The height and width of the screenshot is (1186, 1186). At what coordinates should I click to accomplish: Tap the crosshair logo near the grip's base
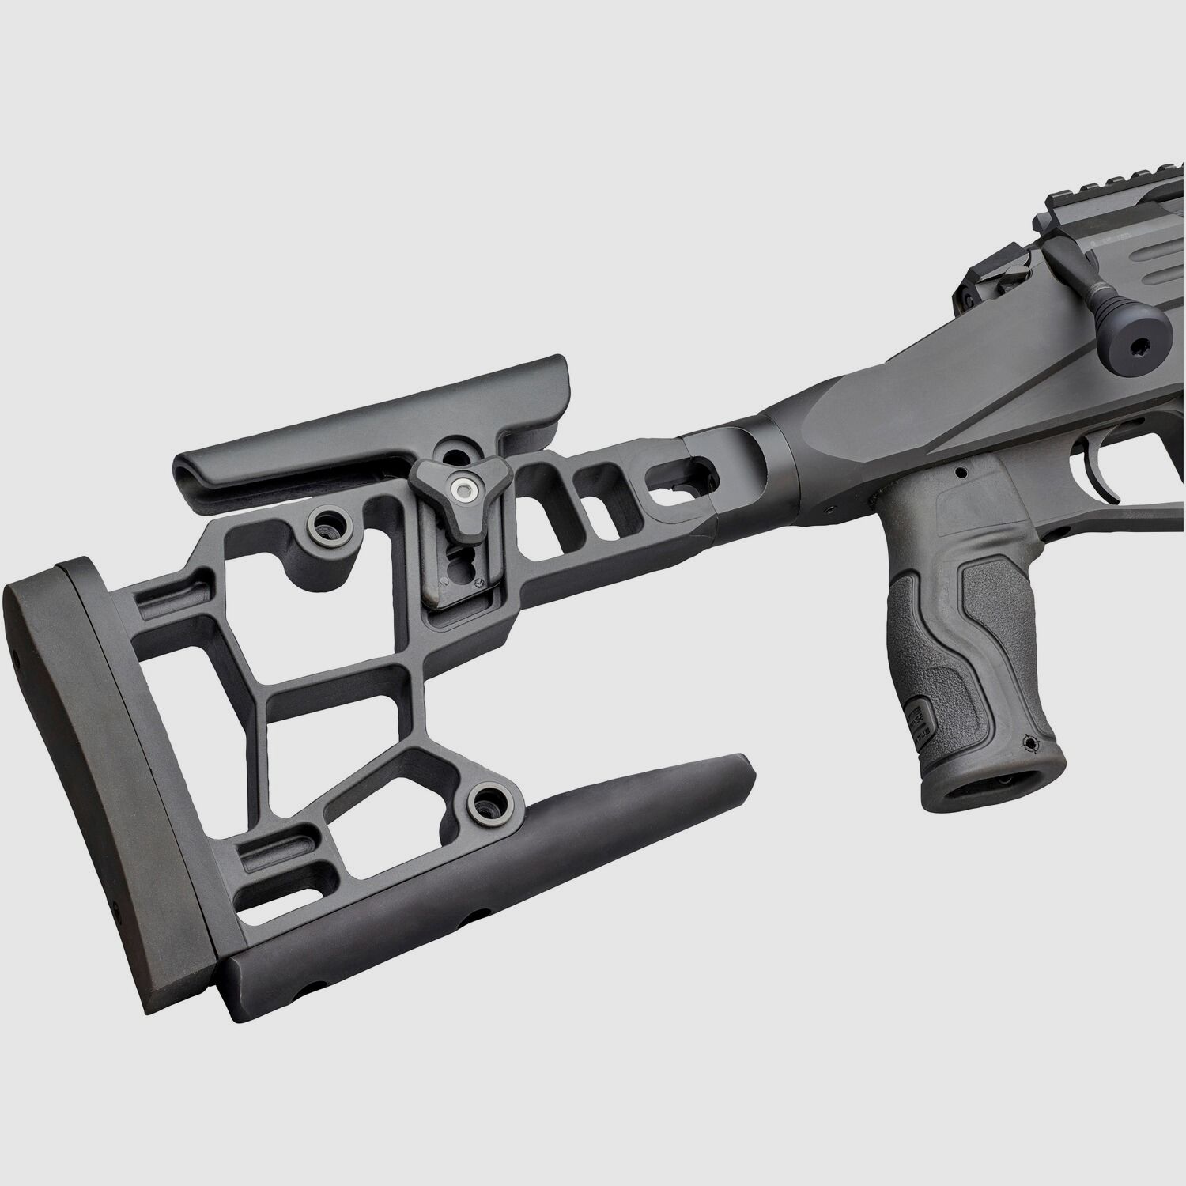pyautogui.click(x=1029, y=742)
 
